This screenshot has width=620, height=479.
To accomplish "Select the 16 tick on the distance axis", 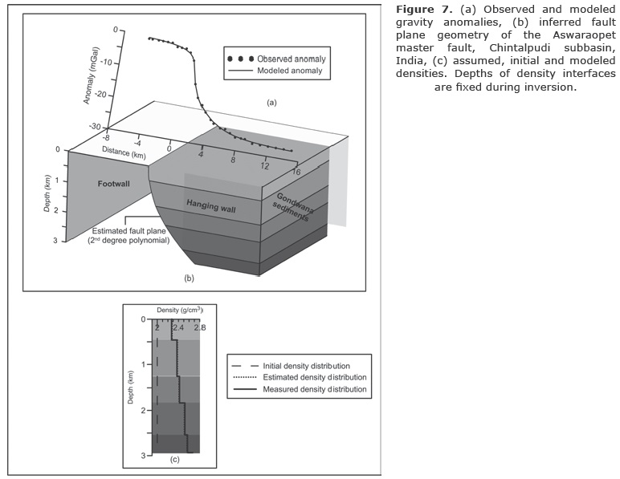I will click(296, 172).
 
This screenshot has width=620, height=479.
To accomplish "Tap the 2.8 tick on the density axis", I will click(199, 327).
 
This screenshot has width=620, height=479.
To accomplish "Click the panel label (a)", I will click(271, 103).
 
